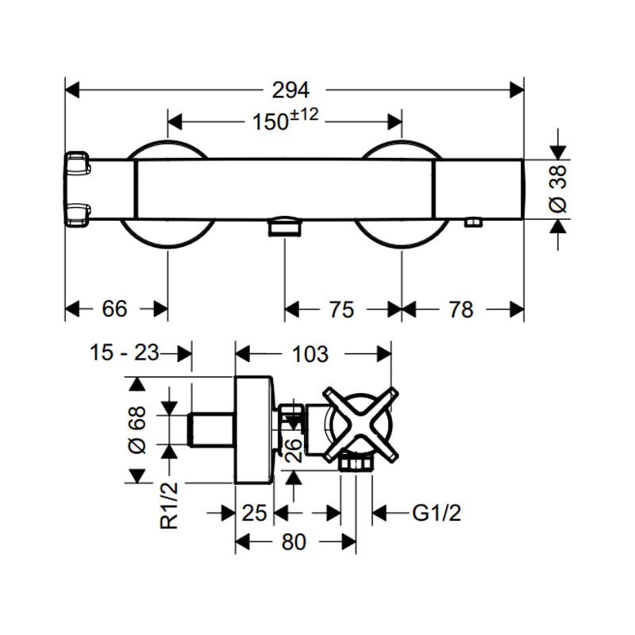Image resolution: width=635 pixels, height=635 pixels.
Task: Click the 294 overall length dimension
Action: [x=291, y=90]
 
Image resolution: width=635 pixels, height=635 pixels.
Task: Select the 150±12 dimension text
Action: [x=286, y=119]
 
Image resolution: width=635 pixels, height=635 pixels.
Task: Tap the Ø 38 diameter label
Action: [x=558, y=189]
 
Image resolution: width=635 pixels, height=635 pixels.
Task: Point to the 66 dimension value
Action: [x=114, y=309]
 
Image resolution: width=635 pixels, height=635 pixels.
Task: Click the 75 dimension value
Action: [x=341, y=310]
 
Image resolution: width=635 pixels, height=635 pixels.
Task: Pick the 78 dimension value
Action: [x=461, y=310]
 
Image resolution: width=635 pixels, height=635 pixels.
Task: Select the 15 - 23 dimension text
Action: [x=125, y=352]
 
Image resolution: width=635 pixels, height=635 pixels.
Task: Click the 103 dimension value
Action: [x=310, y=354]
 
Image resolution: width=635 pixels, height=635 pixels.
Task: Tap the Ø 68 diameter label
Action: [x=137, y=429]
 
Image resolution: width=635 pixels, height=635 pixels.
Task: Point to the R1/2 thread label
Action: [x=169, y=506]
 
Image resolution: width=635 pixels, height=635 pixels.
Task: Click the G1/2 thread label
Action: [x=437, y=513]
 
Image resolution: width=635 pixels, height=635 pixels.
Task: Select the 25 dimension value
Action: [x=254, y=513]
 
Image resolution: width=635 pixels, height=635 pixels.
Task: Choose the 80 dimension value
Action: [x=294, y=542]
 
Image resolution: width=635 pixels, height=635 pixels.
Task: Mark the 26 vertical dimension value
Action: [x=294, y=450]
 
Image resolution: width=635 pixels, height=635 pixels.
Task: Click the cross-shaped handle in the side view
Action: [x=361, y=425]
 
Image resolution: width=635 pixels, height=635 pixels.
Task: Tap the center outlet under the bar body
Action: [x=284, y=226]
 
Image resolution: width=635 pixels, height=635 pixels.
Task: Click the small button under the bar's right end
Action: [x=472, y=223]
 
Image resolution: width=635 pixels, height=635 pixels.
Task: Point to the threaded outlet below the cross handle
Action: [x=356, y=463]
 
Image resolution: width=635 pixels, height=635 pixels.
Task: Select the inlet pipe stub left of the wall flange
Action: [x=211, y=429]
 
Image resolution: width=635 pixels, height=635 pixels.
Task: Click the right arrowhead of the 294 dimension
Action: [x=517, y=90]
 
